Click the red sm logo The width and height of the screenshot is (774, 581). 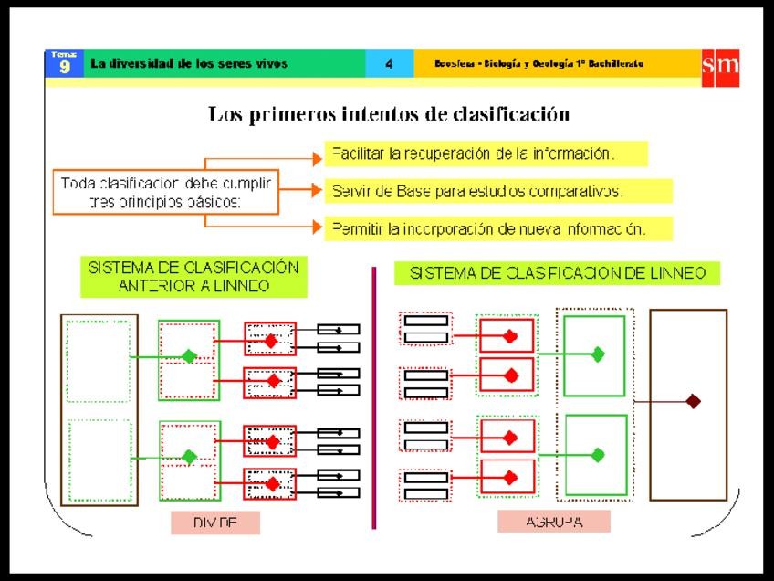720,66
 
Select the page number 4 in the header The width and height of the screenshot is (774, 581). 389,64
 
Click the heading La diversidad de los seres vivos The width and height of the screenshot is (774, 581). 189,64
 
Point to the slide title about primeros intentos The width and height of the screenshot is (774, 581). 389,115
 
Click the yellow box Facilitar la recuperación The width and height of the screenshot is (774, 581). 486,153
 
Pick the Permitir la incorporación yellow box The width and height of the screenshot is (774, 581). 499,228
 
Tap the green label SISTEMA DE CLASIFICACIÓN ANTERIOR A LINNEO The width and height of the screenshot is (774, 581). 193,276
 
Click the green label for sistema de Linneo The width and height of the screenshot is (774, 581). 557,272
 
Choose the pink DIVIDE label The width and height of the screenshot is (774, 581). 215,523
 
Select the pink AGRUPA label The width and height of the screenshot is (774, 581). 554,522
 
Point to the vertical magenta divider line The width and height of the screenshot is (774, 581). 374,397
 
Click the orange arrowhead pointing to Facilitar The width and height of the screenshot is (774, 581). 318,157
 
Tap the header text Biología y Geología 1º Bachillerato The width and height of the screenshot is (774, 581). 540,64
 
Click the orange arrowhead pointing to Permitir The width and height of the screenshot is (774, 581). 318,225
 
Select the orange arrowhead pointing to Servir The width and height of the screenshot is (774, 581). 318,191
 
